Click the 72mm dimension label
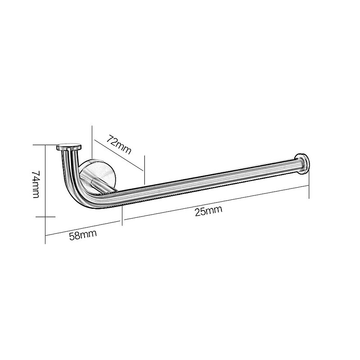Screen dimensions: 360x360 coord(119,145)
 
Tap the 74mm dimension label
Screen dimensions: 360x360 coord(36,184)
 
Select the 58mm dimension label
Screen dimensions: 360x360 coord(83,235)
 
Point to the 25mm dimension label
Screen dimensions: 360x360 coord(208,211)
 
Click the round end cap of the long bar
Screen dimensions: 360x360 coord(303,164)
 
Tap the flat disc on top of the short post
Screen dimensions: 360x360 coord(69,147)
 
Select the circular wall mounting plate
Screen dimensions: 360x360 coord(98,175)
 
